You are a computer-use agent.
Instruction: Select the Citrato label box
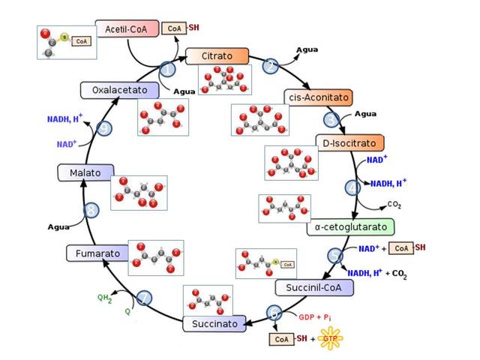click(x=217, y=56)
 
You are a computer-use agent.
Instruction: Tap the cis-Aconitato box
click(x=318, y=97)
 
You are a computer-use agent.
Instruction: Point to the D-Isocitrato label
click(x=349, y=142)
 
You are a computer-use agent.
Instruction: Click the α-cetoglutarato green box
click(x=350, y=226)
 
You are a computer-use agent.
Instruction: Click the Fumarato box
click(x=96, y=253)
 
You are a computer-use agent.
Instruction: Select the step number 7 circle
click(x=143, y=298)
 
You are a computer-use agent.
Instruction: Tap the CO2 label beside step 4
click(x=394, y=203)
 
